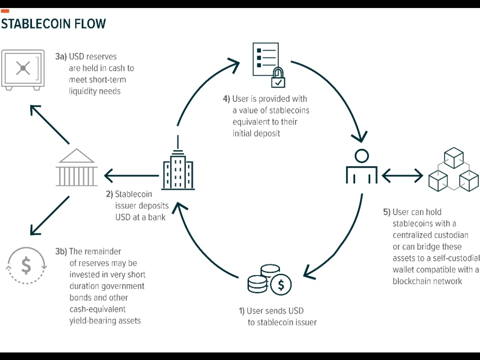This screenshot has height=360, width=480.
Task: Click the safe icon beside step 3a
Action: click(23, 69)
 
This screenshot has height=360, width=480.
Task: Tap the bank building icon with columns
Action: click(76, 168)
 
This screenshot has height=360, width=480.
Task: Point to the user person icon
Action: click(361, 167)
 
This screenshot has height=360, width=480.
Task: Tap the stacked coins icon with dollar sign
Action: click(269, 280)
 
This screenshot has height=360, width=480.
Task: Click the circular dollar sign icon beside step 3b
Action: click(26, 265)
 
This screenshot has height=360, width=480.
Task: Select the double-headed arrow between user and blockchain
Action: click(402, 176)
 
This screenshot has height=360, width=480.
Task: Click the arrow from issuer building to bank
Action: click(131, 176)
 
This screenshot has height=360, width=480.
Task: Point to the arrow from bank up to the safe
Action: click(50, 124)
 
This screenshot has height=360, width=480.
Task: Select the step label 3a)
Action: click(61, 57)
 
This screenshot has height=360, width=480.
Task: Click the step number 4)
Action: click(226, 99)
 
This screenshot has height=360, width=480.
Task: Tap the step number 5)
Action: click(387, 212)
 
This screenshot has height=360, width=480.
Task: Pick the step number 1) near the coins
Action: click(242, 311)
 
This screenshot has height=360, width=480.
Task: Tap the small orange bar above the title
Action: click(5, 11)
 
